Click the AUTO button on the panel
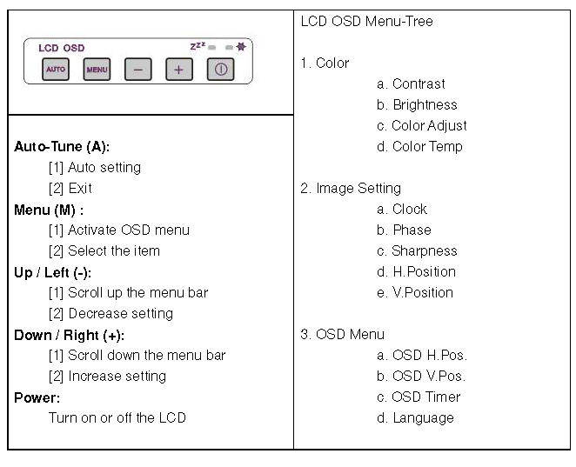(56, 69)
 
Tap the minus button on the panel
(137, 69)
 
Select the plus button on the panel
(179, 69)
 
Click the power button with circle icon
(220, 69)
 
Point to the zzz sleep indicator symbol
(198, 46)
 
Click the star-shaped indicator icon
(241, 47)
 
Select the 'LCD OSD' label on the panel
(62, 48)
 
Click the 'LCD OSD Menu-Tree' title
(366, 21)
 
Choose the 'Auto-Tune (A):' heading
(62, 146)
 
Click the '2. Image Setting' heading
(351, 189)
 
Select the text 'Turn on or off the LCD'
(117, 417)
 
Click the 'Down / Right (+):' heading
(69, 335)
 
